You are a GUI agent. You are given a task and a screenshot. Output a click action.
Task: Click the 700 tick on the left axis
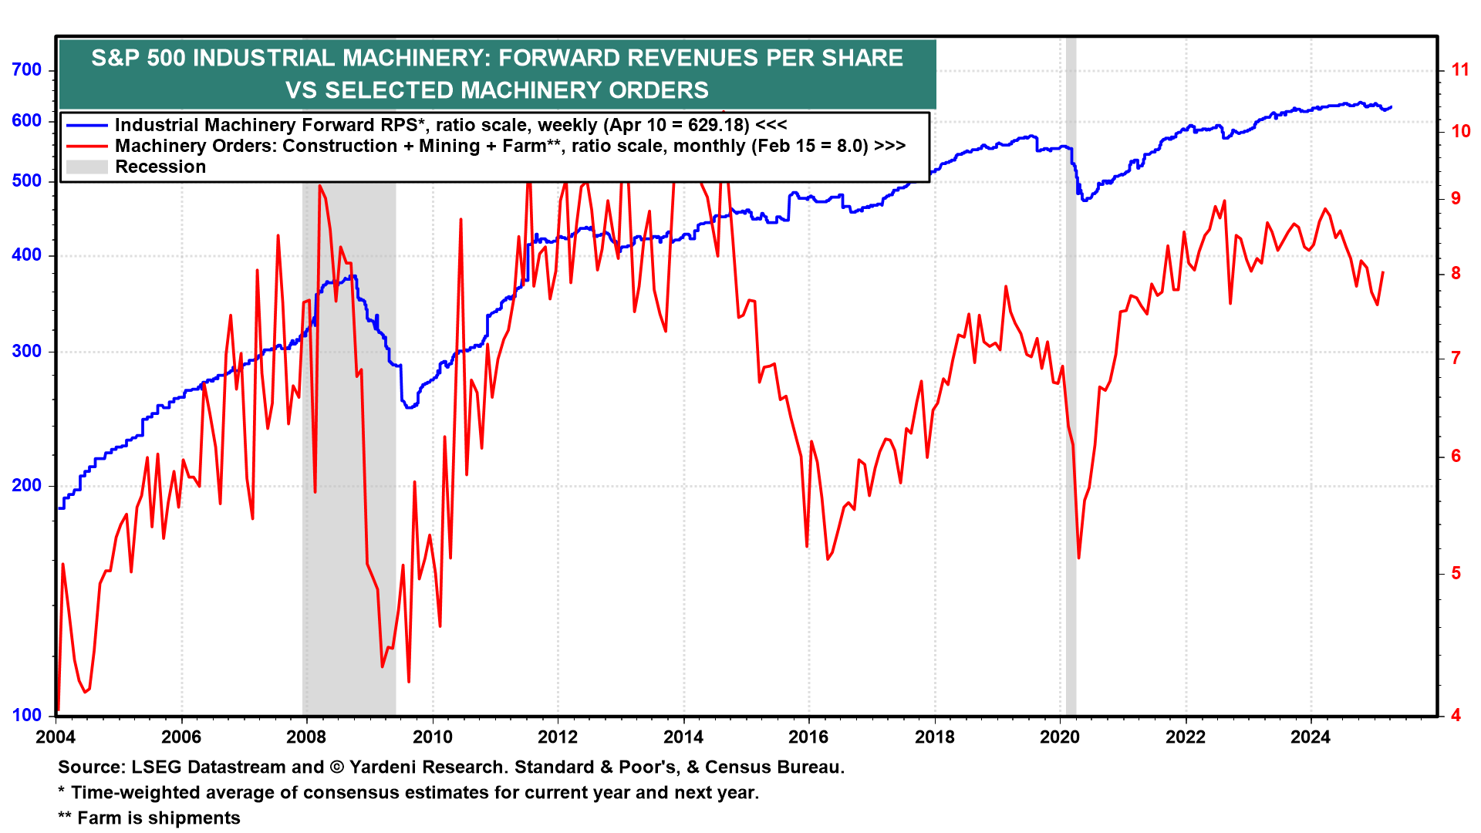[27, 70]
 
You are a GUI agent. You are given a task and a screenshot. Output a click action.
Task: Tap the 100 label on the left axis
[27, 715]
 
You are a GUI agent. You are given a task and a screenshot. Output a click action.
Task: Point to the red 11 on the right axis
[1460, 70]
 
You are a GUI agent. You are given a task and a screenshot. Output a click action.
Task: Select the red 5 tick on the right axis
[1456, 573]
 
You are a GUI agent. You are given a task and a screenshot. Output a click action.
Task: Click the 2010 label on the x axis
[433, 737]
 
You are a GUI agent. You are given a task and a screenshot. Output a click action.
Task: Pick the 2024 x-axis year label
[1311, 737]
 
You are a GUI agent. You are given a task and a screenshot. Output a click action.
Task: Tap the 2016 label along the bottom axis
[808, 737]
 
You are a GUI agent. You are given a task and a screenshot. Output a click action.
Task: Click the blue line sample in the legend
[86, 125]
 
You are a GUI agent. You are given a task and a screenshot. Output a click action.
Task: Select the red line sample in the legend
[86, 146]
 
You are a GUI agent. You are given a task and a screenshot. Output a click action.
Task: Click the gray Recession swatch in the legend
[86, 167]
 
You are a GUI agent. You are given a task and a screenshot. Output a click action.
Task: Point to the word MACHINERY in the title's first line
[415, 58]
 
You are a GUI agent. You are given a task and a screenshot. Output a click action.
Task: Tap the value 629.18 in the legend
[718, 125]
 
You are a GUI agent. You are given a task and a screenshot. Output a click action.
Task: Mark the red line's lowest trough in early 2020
[1078, 558]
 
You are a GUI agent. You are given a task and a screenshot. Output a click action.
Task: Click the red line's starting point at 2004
[59, 710]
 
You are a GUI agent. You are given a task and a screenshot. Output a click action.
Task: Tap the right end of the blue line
[1391, 107]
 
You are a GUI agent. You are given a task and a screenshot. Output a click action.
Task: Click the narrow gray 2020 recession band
[1071, 386]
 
